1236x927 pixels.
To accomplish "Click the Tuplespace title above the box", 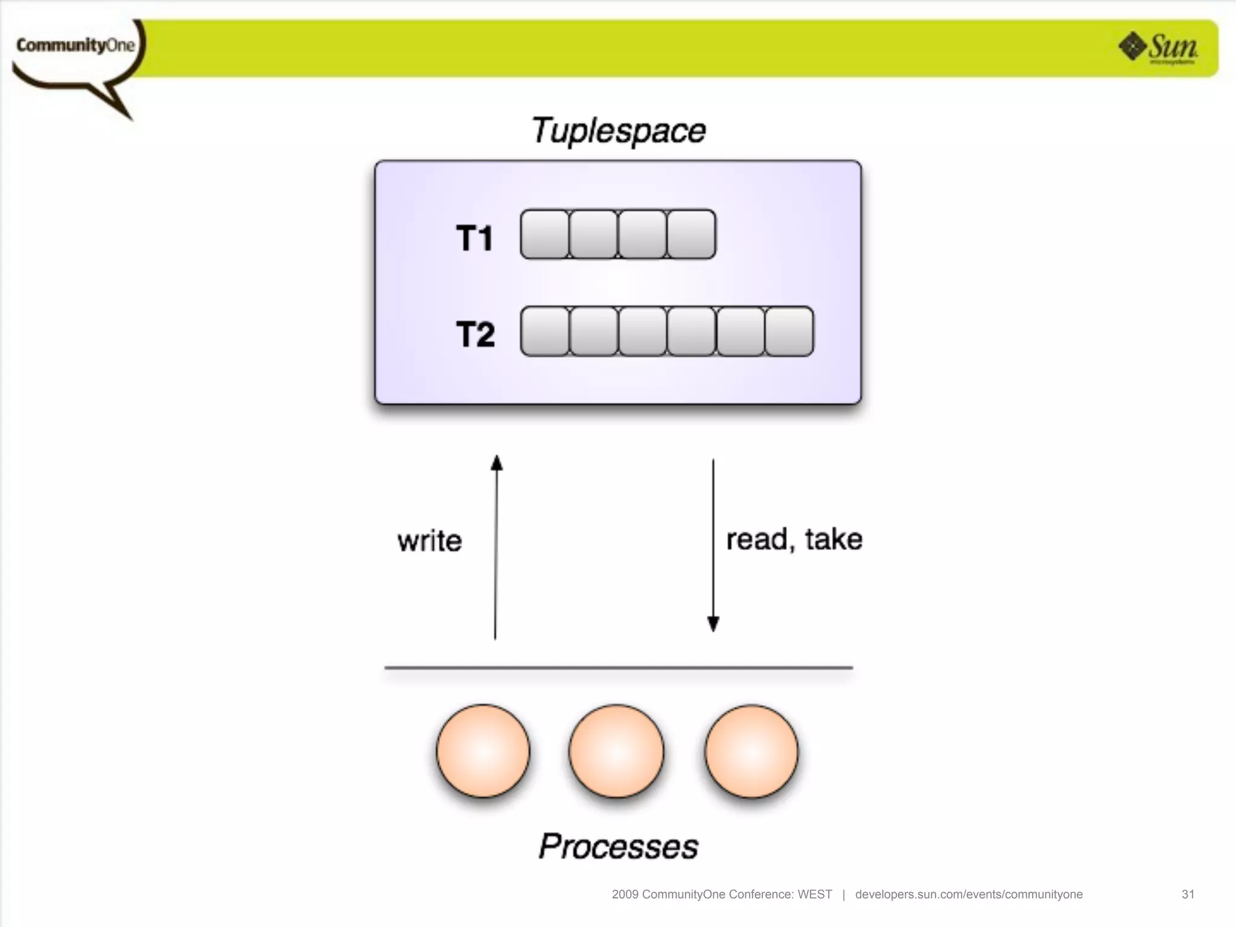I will coord(618,131).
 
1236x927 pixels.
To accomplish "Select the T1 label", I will coord(474,237).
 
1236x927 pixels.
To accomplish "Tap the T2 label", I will coord(475,334).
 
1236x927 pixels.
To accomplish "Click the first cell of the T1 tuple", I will coord(544,234).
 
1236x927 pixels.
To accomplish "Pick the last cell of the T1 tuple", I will coord(692,234).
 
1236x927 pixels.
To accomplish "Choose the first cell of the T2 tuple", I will coord(544,331).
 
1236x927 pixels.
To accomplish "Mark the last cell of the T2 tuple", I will coord(789,331).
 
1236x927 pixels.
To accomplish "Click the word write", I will coord(430,541).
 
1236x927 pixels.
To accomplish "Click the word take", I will coord(833,539).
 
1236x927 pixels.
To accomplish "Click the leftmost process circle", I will coord(483,751).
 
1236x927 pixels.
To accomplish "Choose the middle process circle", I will coord(616,751).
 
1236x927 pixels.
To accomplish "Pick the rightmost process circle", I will coord(751,751).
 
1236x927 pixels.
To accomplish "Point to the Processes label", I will coord(619,846).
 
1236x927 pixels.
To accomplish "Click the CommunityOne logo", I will coord(75,46).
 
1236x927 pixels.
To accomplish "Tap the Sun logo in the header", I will coord(1159,48).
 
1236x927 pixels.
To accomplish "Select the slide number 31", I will coord(1188,894).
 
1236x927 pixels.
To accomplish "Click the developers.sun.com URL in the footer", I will coord(969,894).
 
